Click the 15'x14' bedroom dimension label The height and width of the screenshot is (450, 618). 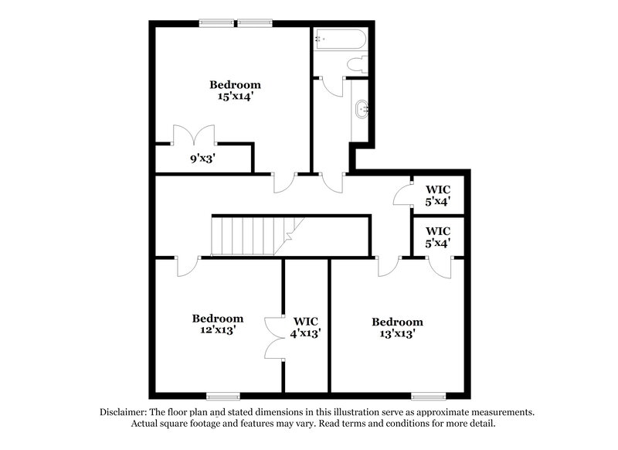click(235, 97)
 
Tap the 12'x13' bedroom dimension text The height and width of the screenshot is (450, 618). click(218, 330)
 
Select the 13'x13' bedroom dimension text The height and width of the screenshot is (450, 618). click(397, 334)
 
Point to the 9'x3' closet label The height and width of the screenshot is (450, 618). click(203, 160)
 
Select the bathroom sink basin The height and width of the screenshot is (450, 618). click(361, 111)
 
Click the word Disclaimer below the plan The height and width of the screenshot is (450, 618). click(124, 412)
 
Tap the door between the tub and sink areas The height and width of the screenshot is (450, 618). click(332, 86)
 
